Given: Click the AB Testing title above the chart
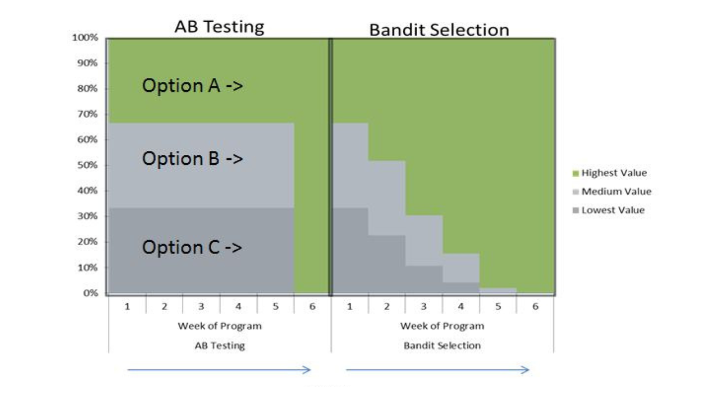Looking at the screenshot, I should click(219, 27).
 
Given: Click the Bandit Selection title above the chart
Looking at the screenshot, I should click(439, 30).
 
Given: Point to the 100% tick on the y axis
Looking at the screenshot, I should click(85, 38).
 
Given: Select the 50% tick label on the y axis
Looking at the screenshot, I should click(87, 165).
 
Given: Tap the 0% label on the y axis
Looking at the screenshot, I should click(90, 293).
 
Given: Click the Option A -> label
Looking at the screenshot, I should click(192, 86).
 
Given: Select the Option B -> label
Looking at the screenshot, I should click(192, 159).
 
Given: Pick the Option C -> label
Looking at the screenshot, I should click(192, 247).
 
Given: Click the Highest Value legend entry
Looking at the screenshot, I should click(613, 173).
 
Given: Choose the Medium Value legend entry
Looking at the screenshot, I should click(616, 192).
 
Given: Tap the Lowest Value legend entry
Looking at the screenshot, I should click(612, 210).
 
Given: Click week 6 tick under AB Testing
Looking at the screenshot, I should click(312, 306).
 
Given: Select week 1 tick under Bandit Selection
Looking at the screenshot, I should click(350, 306).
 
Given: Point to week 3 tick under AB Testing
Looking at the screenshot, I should click(201, 306).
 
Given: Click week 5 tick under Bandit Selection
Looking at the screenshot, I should click(498, 306).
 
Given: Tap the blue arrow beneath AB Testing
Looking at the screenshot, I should click(219, 370).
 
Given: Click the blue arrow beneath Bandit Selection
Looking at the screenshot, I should click(437, 370).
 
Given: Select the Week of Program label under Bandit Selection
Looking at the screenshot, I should click(442, 326).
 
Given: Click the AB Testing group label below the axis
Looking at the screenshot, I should click(219, 345).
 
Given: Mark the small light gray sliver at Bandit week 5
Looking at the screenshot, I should click(498, 290).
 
